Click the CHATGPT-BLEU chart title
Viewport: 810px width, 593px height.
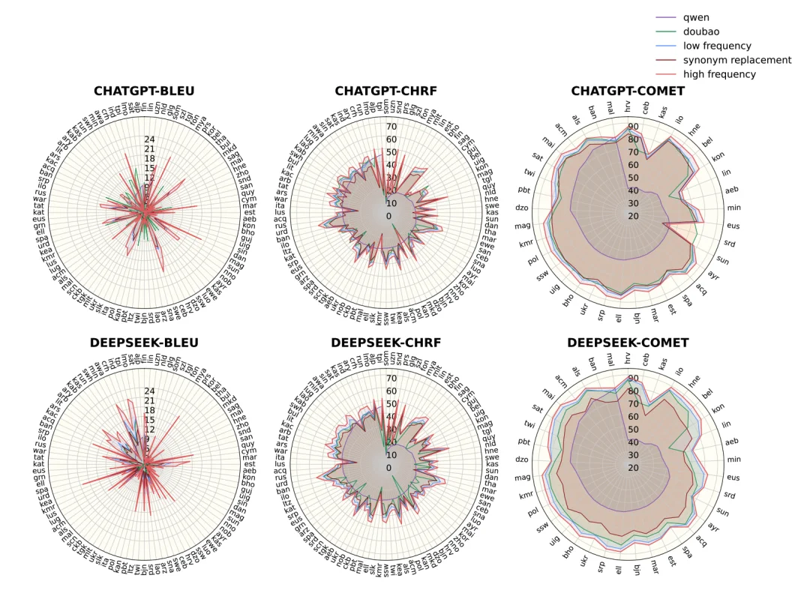pos(144,91)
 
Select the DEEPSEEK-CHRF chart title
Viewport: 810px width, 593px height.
pos(385,343)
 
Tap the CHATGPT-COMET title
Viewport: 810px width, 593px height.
pos(628,91)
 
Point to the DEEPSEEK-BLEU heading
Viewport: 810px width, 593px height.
pos(144,343)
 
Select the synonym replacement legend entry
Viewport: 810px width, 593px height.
pos(736,60)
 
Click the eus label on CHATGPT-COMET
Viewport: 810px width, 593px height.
pos(734,225)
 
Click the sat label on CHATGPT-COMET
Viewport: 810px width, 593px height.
pos(538,156)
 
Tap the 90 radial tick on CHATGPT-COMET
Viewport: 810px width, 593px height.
pos(633,127)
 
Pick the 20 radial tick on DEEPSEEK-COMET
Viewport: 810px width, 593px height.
pos(633,468)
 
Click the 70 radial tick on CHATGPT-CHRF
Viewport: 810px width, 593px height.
pos(391,127)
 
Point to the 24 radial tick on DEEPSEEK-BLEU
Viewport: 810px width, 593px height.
pos(149,391)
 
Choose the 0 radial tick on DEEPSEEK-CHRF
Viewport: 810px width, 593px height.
pos(388,468)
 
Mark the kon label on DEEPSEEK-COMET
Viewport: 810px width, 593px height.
pos(718,409)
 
